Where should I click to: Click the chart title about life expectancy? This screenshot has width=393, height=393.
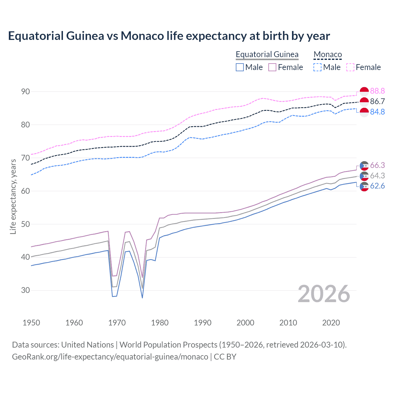coord(169,36)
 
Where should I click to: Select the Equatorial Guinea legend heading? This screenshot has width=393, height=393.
coord(267,55)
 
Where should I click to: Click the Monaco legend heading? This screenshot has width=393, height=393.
coord(328,55)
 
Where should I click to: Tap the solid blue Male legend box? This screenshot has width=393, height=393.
coord(240,67)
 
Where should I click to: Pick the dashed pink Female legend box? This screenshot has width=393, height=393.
coord(350,67)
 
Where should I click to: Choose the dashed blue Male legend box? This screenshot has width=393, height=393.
coord(317,67)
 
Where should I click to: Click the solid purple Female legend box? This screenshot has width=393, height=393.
coord(273,67)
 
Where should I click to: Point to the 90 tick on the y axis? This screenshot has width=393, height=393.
coord(25,91)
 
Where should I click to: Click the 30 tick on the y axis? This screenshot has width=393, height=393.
coord(25,290)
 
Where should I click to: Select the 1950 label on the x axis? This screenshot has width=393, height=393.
coord(31,323)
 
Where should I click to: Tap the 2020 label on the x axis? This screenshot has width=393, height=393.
coord(331,323)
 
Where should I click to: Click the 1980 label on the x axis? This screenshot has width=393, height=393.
coord(160,323)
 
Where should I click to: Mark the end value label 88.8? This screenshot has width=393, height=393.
coord(377,91)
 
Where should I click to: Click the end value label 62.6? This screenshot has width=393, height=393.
coord(377,186)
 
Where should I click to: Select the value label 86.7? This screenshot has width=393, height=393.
coord(377,102)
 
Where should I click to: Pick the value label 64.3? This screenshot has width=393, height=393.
coord(377,176)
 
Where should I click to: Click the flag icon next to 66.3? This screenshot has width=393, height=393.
coord(364,165)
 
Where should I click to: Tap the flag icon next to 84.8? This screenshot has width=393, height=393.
coord(364,112)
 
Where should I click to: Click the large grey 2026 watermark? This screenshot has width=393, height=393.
coord(324,294)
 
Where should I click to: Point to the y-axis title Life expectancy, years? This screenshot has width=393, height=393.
coord(13,196)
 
